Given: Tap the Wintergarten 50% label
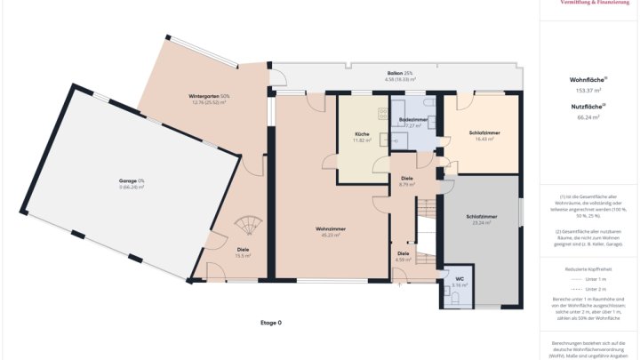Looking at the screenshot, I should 209,96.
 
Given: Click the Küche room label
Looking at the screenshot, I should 361,134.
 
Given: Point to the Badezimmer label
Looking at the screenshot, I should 413,119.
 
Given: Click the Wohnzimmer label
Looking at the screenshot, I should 331,229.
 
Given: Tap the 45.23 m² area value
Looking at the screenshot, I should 331,236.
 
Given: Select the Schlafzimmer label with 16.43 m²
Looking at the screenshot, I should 484,133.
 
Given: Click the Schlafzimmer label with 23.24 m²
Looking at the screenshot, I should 481,216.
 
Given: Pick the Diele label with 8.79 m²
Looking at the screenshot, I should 407,178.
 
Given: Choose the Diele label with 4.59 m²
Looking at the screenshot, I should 404,253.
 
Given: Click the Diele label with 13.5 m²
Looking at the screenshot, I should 243,249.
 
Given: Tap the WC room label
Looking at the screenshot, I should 460,279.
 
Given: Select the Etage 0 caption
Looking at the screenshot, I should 270,323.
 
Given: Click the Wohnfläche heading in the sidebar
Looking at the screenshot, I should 588,80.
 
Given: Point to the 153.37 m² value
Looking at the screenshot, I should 588,90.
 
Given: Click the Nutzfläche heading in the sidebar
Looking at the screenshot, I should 588,107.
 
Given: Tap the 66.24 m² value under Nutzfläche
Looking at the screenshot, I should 588,116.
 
